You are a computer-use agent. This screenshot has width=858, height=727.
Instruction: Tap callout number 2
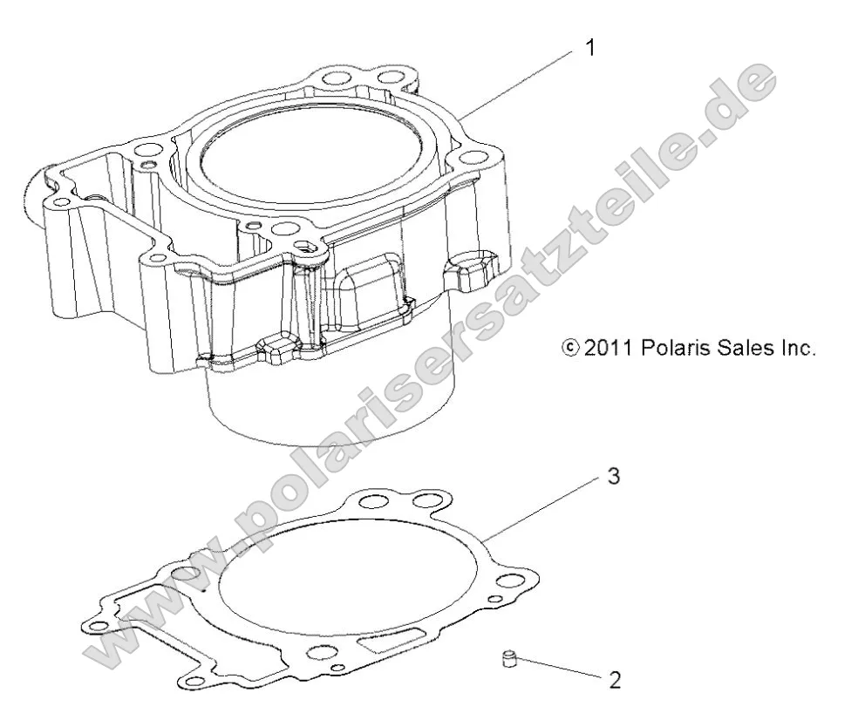click(x=615, y=679)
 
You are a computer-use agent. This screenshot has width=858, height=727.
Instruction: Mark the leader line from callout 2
click(x=558, y=669)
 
